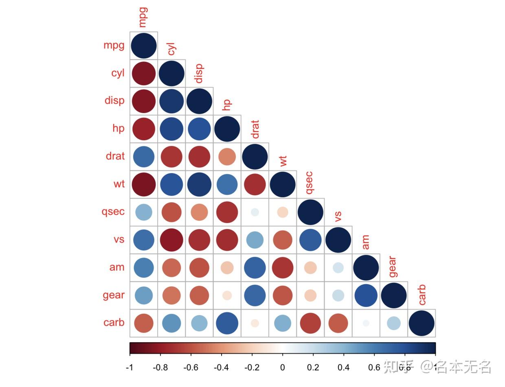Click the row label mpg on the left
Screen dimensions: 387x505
pyautogui.click(x=114, y=45)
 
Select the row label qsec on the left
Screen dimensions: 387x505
pyautogui.click(x=113, y=212)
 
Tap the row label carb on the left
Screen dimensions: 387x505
pyautogui.click(x=114, y=323)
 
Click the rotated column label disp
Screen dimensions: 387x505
pyautogui.click(x=199, y=73)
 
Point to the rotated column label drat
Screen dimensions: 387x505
pyautogui.click(x=255, y=129)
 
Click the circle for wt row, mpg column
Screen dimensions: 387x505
pyautogui.click(x=144, y=184)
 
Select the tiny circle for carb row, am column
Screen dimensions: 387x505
pyautogui.click(x=366, y=323)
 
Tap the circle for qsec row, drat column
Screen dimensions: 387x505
pyautogui.click(x=255, y=212)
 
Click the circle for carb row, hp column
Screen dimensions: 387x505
pyautogui.click(x=227, y=323)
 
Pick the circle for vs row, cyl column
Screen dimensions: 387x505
pyautogui.click(x=171, y=240)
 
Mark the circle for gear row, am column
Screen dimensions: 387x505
pyautogui.click(x=366, y=295)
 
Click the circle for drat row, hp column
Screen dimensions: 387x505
pyautogui.click(x=227, y=157)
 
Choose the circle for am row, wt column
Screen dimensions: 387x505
pyautogui.click(x=283, y=267)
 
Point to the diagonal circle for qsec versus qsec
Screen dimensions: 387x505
pyautogui.click(x=310, y=212)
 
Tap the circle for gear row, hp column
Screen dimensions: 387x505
pyautogui.click(x=227, y=295)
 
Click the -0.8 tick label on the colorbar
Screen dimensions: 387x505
pyautogui.click(x=160, y=367)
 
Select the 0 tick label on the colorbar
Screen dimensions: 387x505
pyautogui.click(x=283, y=367)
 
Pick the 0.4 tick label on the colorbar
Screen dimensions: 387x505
pyautogui.click(x=344, y=367)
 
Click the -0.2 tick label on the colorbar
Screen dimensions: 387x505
pyautogui.click(x=252, y=367)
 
